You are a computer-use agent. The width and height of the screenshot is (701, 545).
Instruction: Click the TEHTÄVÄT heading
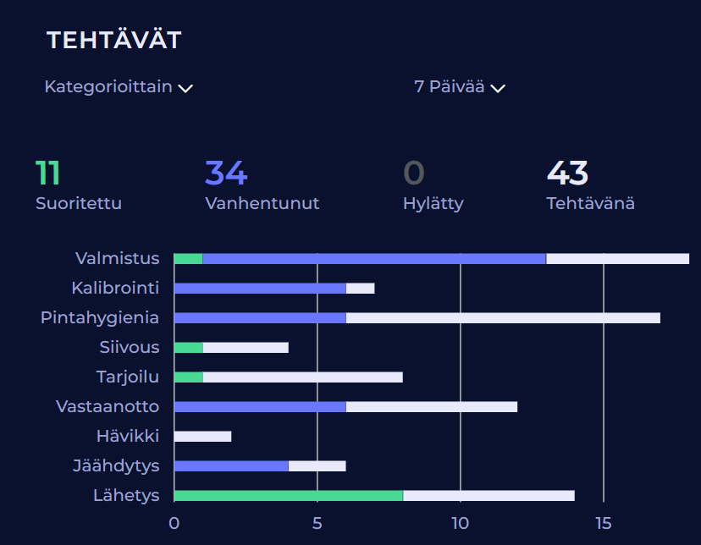[113, 40]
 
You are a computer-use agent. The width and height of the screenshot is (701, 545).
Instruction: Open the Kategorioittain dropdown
[119, 87]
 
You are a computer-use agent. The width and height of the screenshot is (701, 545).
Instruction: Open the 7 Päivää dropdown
[459, 87]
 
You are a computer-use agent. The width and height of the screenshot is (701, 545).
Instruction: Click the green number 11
[47, 173]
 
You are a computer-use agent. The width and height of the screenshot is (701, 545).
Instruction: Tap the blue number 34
[226, 173]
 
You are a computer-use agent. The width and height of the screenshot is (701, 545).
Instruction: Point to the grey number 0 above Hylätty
[413, 173]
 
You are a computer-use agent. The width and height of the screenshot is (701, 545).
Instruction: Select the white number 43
[567, 173]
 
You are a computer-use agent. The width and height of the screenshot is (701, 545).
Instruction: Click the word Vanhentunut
[262, 204]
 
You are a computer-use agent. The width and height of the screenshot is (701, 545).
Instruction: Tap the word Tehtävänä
[590, 204]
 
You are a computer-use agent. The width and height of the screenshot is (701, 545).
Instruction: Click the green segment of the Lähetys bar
[289, 495]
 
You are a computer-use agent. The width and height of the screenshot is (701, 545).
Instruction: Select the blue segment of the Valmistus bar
[374, 258]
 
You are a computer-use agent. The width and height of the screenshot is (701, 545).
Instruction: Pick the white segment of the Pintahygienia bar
[503, 317]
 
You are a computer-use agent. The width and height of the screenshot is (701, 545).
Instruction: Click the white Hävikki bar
[202, 436]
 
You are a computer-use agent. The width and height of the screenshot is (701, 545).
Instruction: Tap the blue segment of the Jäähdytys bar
[231, 465]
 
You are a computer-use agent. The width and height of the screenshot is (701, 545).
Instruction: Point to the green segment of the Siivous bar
[188, 347]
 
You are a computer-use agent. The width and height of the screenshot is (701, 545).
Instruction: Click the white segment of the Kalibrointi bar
[360, 288]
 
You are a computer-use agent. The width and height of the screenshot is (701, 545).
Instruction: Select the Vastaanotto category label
[108, 406]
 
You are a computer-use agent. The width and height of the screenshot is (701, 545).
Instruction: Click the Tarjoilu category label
[128, 377]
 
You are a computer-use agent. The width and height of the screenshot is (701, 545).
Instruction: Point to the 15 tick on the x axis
[603, 523]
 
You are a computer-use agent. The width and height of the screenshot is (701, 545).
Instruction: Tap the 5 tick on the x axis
[317, 523]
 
